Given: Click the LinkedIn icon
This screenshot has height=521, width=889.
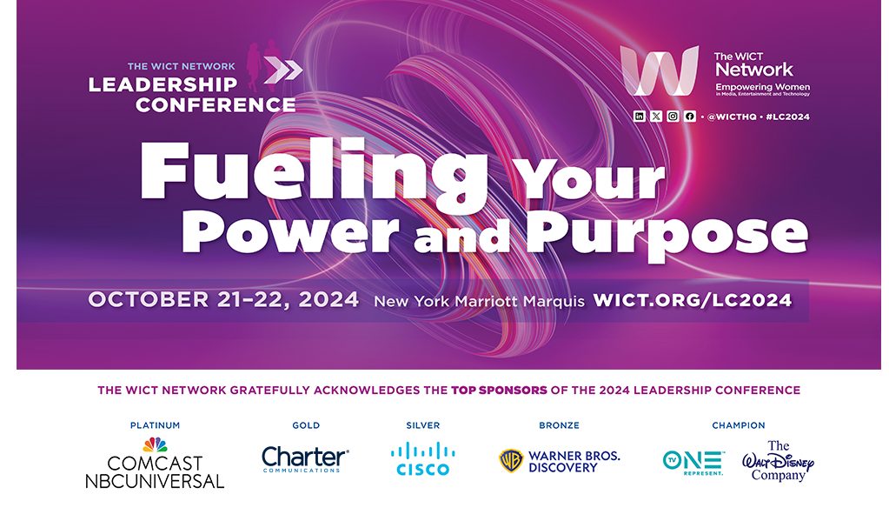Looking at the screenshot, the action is point(639,117).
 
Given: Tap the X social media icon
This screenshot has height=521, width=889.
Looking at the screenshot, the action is point(656,117).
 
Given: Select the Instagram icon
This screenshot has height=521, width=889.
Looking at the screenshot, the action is point(673,117).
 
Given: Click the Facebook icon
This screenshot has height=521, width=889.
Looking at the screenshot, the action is point(689,117).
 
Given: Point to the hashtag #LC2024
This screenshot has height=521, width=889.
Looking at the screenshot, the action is point(787,117).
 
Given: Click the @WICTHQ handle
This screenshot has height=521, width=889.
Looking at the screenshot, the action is point(732,117).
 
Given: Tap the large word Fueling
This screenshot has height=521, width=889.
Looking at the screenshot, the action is point(314,172).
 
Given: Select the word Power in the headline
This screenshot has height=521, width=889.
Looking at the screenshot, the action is point(289,233).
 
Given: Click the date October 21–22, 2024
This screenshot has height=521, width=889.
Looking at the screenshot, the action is point(223,300).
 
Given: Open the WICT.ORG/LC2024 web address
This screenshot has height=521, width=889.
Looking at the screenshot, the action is point(693,300).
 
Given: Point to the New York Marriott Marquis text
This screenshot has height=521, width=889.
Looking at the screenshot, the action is point(479,301).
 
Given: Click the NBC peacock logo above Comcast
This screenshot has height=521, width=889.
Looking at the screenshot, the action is point(155,444).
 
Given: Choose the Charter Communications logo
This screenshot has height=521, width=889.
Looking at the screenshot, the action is point(305,459).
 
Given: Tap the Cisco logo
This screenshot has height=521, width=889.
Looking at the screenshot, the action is point(422,459).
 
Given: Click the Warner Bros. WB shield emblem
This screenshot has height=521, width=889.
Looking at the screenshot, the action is point(511,460).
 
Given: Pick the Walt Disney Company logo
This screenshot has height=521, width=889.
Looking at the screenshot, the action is point(778,461).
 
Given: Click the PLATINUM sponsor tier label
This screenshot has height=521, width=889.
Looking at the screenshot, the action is point(155,425).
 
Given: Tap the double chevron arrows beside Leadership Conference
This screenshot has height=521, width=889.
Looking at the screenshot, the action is point(283,70).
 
